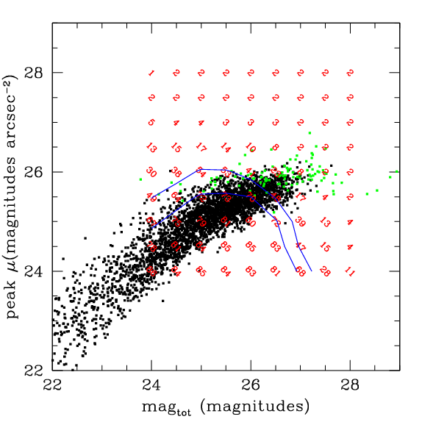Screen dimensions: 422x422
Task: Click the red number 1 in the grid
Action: tap(151, 74)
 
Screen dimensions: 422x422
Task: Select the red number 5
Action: tap(151, 123)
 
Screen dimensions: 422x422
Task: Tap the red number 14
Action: tap(226, 148)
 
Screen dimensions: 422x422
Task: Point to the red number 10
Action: tap(251, 148)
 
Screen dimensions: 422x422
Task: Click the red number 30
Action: tap(151, 173)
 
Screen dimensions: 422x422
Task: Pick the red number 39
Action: tap(300, 221)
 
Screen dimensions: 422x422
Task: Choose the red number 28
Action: tap(325, 272)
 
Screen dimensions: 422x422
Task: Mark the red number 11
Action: tap(350, 272)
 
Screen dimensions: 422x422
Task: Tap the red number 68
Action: tap(300, 272)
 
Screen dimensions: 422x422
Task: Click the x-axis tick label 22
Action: tap(52, 384)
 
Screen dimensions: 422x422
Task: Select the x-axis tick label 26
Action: tap(251, 384)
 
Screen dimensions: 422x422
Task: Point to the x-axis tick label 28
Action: tap(350, 384)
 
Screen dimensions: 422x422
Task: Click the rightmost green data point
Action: tap(397, 171)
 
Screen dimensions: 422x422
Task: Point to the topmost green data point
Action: tap(310, 134)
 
